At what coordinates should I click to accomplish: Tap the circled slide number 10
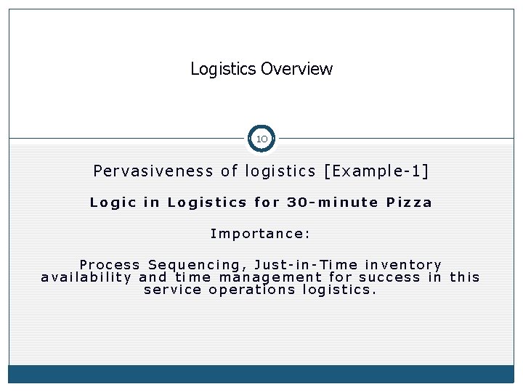tap(261, 139)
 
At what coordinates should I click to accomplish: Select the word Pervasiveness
tap(153, 171)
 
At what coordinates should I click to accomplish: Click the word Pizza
tap(409, 203)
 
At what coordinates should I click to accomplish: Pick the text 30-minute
tap(333, 203)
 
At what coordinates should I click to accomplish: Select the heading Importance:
tap(261, 234)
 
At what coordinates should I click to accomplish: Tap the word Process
tap(110, 265)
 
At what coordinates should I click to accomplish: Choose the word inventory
tap(403, 265)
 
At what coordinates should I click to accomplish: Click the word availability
tap(86, 277)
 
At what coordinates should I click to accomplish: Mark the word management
tap(270, 278)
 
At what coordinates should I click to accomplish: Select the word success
tap(390, 277)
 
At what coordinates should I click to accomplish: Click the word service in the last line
tap(173, 290)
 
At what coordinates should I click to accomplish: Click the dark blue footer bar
tap(261, 374)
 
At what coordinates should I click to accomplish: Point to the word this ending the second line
tap(465, 277)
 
